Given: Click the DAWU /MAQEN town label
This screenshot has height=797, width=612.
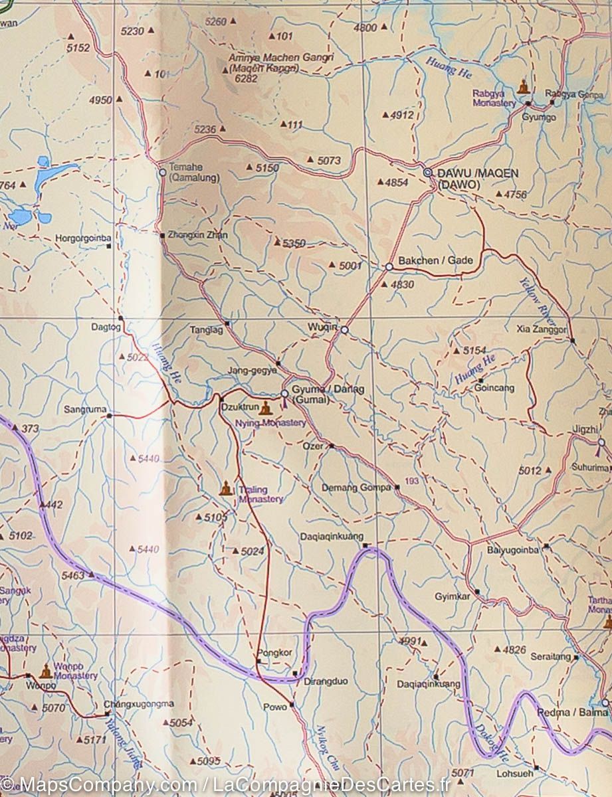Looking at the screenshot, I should (477, 173).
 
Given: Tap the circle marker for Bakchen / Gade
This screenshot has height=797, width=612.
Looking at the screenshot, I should (389, 267).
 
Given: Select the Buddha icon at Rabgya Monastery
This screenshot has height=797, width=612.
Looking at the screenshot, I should (523, 87).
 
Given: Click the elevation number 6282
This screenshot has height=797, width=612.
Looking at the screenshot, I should (246, 78).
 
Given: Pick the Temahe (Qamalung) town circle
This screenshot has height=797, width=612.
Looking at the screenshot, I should (162, 172).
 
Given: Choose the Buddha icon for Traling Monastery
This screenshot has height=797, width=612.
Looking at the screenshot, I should (226, 489).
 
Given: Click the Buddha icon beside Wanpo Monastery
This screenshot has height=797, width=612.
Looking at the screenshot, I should (45, 671).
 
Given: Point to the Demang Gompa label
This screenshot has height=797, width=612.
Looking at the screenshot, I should (356, 487).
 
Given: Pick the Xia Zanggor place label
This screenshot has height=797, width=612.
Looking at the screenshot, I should (542, 329).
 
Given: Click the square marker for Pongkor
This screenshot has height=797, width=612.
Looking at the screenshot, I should (258, 661).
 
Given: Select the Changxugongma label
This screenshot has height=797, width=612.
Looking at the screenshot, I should (139, 704).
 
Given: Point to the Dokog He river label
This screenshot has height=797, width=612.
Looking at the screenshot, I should (492, 741).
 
